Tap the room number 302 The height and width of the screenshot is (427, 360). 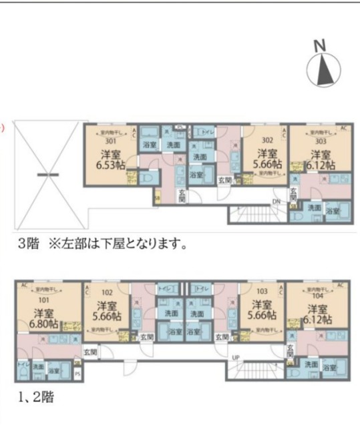coord(266,141)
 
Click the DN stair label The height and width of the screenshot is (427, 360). coord(276,201)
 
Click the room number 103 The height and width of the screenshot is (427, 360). coord(260,291)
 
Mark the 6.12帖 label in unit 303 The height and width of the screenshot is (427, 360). coord(321,163)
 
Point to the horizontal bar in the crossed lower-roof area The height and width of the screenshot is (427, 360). coord(47,175)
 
